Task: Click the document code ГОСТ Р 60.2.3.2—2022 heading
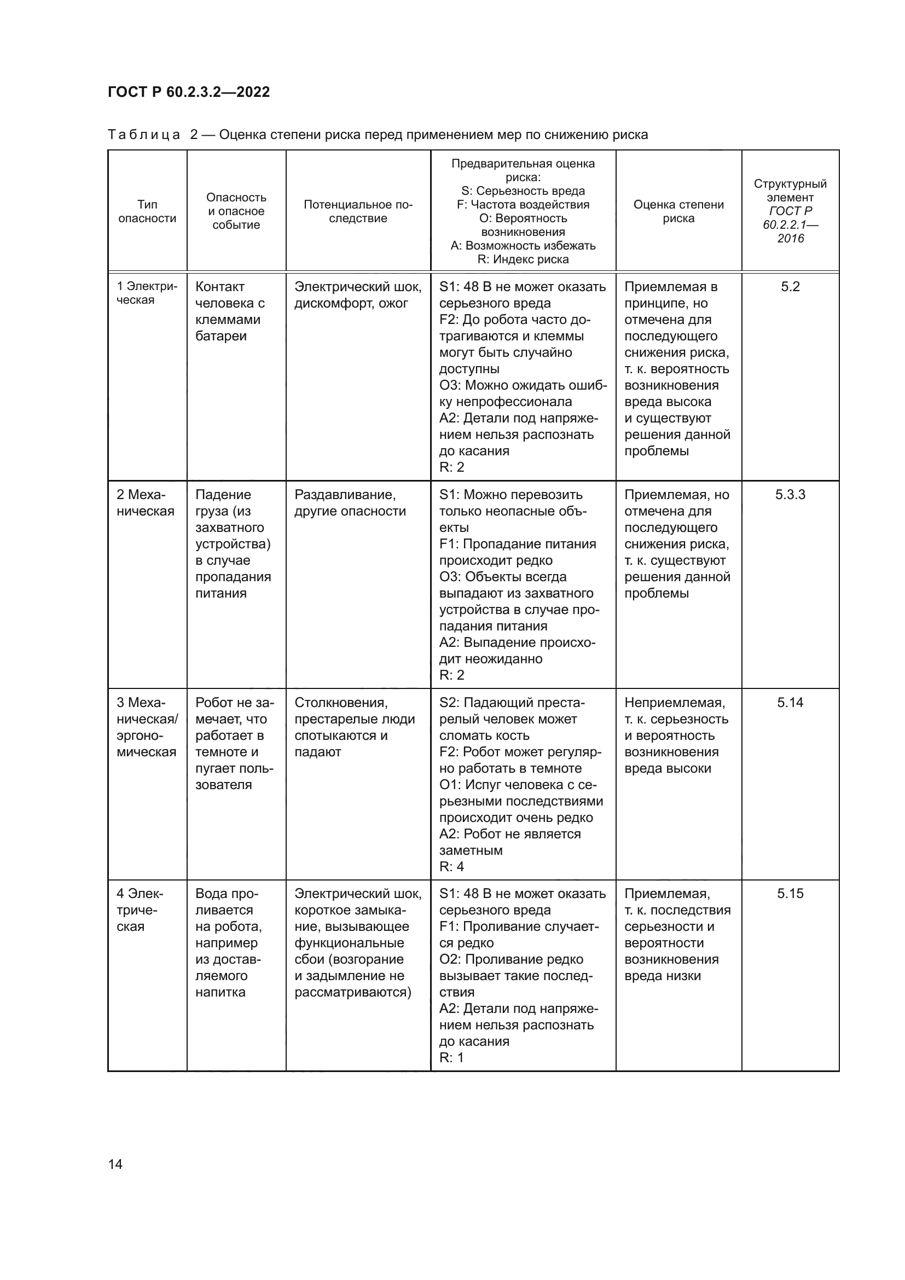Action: pos(188,92)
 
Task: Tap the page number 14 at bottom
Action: pos(115,1164)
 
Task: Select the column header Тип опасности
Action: pos(147,211)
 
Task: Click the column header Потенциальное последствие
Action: pos(358,211)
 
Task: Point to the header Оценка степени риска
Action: pos(678,211)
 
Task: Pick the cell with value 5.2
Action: pos(790,287)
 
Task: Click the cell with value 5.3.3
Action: pos(790,495)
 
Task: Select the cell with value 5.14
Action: pos(790,703)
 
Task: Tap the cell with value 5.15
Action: pos(790,894)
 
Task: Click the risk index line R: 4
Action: pos(451,866)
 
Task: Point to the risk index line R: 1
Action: pos(451,1058)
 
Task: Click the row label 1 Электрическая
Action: pos(147,293)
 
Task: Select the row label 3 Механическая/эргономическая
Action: pos(147,727)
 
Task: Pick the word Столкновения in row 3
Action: pos(340,703)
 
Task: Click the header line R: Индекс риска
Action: pos(523,259)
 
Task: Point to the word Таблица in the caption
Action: pos(144,135)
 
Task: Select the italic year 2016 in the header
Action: pos(790,239)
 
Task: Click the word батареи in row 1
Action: pos(221,336)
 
